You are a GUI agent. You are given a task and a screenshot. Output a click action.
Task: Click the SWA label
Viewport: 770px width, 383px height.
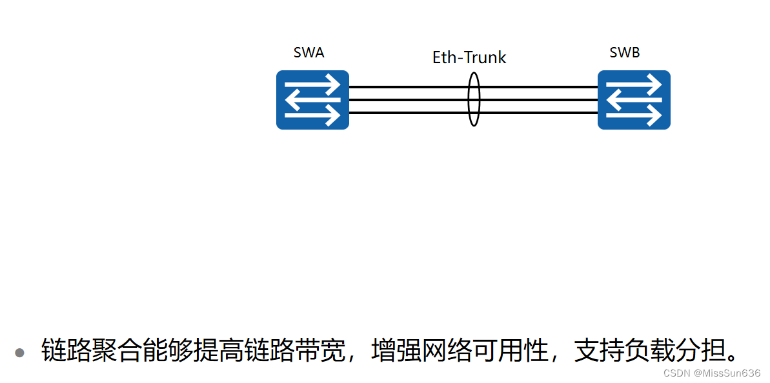pyautogui.click(x=309, y=53)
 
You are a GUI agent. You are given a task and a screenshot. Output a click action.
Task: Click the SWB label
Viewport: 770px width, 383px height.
pyautogui.click(x=624, y=53)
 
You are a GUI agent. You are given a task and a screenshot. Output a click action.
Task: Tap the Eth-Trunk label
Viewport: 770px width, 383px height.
pyautogui.click(x=469, y=57)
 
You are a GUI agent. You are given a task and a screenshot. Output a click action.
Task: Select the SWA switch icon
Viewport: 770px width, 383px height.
pyautogui.click(x=312, y=100)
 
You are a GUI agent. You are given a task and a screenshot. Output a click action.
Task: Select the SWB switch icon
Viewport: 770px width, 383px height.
pyautogui.click(x=634, y=100)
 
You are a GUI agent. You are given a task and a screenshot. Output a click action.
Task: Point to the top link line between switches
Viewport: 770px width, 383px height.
pyautogui.click(x=407, y=86)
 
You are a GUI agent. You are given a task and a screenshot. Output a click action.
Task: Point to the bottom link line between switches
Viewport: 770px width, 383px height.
pyautogui.click(x=407, y=113)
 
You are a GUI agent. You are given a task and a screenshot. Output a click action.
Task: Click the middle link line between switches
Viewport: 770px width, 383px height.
pyautogui.click(x=407, y=100)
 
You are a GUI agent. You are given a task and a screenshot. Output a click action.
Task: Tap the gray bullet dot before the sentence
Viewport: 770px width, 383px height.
pyautogui.click(x=19, y=353)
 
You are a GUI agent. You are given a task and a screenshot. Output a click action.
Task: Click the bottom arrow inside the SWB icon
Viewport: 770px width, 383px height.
pyautogui.click(x=634, y=115)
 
